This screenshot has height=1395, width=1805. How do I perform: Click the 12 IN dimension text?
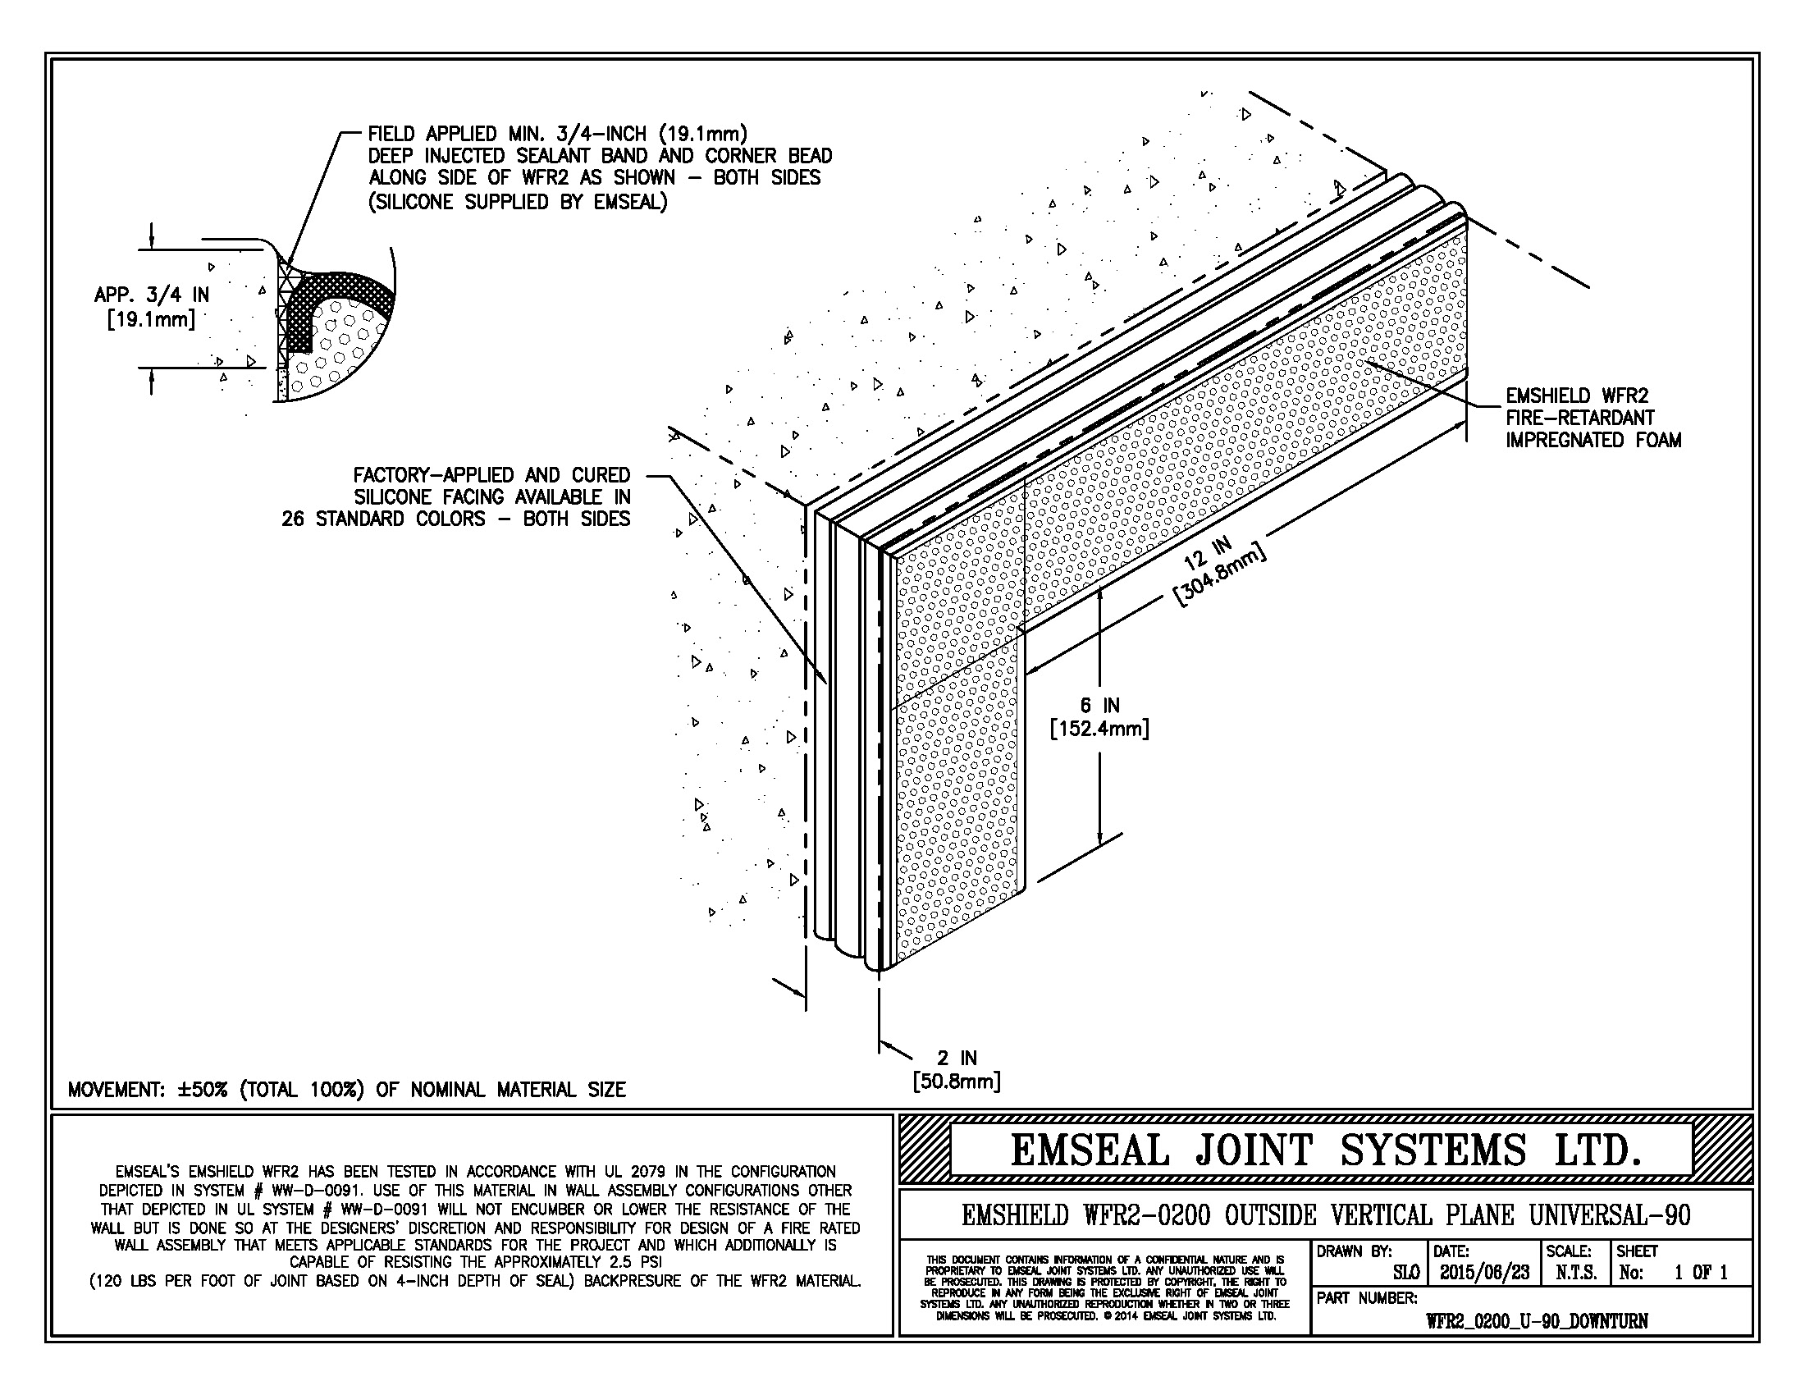(x=1209, y=553)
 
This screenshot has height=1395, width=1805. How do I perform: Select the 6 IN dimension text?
(x=1099, y=705)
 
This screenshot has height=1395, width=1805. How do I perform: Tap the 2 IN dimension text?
(x=957, y=1058)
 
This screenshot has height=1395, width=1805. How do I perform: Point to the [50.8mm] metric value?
(x=956, y=1081)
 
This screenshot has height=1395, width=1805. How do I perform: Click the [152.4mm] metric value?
(x=1099, y=729)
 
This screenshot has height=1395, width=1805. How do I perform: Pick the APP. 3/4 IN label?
(x=151, y=295)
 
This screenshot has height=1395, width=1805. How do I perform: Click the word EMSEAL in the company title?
(x=1090, y=1150)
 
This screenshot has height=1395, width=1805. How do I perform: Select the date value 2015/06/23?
(x=1484, y=1273)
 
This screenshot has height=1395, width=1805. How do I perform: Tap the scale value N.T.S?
(x=1576, y=1273)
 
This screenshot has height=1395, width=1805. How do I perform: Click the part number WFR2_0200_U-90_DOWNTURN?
(x=1537, y=1320)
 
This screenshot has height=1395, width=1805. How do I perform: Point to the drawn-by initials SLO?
(x=1405, y=1273)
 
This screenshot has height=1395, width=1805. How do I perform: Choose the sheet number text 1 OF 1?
(x=1701, y=1273)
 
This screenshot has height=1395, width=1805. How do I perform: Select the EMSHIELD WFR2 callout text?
(x=1577, y=396)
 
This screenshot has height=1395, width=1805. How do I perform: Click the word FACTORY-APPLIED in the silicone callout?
(x=433, y=475)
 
